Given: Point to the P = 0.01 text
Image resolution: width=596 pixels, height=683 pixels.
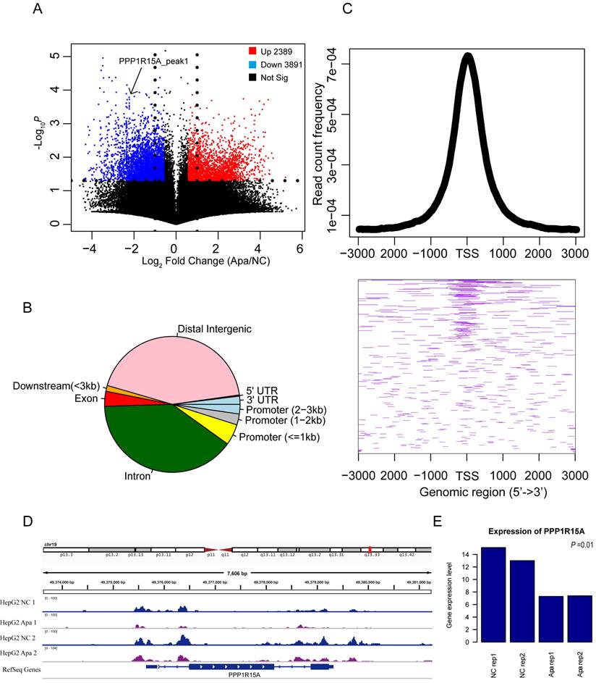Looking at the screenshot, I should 579,544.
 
